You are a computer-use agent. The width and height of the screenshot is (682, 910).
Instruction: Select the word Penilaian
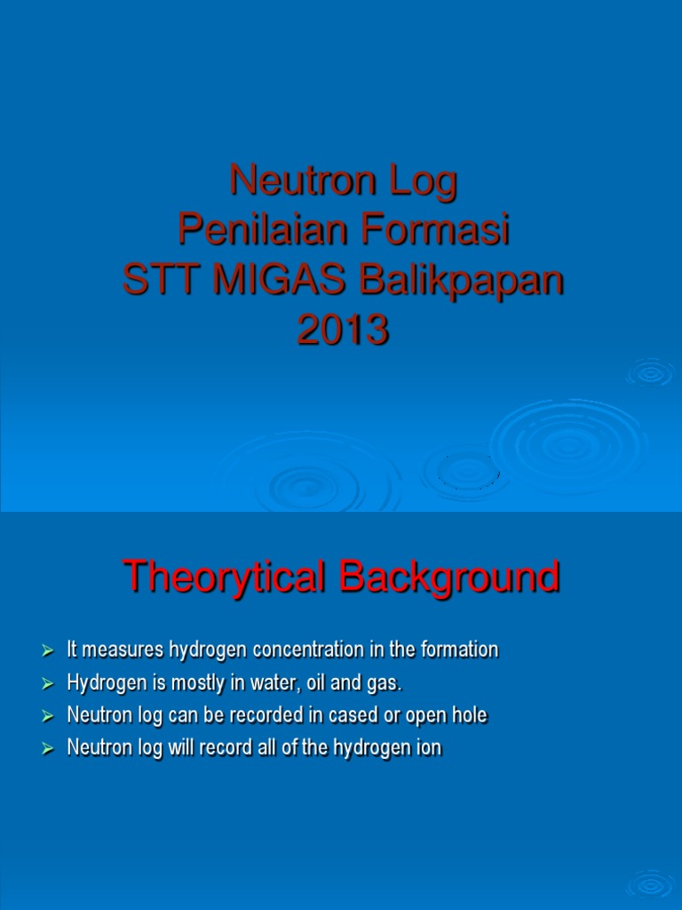(x=250, y=232)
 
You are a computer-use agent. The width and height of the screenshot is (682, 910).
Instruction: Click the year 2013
(x=343, y=331)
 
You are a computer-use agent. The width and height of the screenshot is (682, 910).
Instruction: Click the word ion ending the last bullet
(x=429, y=748)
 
